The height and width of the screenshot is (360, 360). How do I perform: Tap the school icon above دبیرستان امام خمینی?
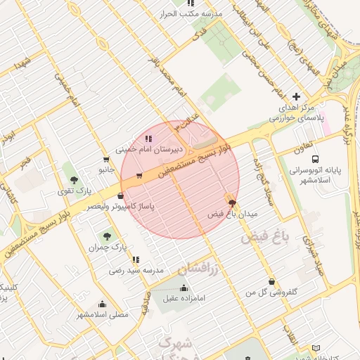tap(148, 139)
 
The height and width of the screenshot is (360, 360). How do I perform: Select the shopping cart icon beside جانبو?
tap(106, 159)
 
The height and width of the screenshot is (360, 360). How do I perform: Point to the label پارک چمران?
tap(106, 247)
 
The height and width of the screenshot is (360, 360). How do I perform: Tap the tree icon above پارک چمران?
tap(107, 237)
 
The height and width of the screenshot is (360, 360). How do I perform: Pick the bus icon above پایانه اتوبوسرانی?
tap(315, 160)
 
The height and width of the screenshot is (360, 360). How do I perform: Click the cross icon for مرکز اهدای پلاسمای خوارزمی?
tap(296, 96)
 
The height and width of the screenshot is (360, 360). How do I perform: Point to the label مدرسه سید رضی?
tap(136, 270)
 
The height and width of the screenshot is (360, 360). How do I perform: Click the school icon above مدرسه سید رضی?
tap(136, 259)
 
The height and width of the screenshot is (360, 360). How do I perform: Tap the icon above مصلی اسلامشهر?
tap(103, 304)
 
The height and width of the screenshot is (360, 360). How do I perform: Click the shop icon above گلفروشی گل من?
tap(271, 282)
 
